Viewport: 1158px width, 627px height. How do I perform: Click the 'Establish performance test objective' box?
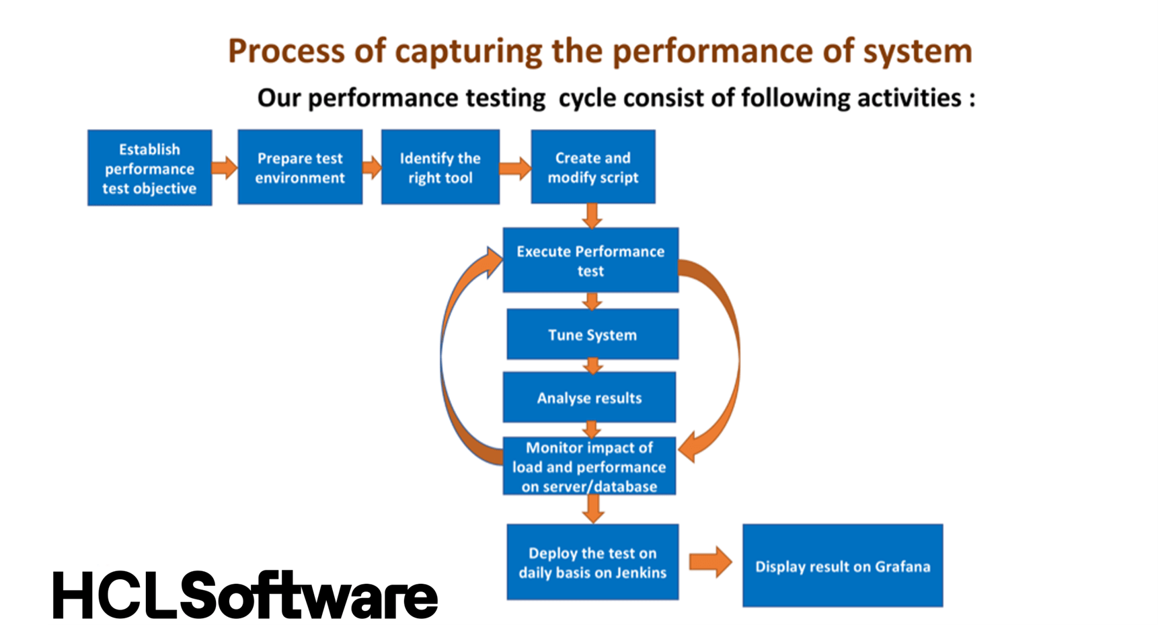(x=149, y=168)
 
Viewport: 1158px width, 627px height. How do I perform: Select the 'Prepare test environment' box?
(x=300, y=167)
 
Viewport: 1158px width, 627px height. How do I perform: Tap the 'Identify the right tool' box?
(x=440, y=167)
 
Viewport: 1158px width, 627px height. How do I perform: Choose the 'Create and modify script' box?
(x=593, y=167)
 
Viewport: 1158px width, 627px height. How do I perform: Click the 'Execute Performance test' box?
(x=590, y=260)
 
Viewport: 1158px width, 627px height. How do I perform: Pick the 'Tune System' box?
(x=592, y=334)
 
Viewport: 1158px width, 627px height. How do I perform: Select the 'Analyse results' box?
(x=589, y=398)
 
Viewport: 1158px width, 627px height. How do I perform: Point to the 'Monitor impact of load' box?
(x=589, y=466)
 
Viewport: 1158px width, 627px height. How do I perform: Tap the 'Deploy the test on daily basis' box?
(x=592, y=562)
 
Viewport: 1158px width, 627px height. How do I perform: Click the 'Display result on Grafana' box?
(x=843, y=566)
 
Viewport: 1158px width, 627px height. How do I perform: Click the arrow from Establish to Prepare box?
(x=225, y=167)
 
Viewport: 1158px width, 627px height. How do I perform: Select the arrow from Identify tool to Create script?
(x=515, y=168)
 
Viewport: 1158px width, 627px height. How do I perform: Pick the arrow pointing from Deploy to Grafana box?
(x=711, y=562)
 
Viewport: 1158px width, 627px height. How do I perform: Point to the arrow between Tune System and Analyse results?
(x=592, y=366)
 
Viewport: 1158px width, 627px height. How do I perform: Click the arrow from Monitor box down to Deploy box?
(x=592, y=509)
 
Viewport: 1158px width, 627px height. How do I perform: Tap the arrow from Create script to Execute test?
(x=592, y=216)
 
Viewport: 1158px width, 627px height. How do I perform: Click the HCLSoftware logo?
(x=245, y=595)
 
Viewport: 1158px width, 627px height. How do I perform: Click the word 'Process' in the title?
(x=287, y=51)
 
